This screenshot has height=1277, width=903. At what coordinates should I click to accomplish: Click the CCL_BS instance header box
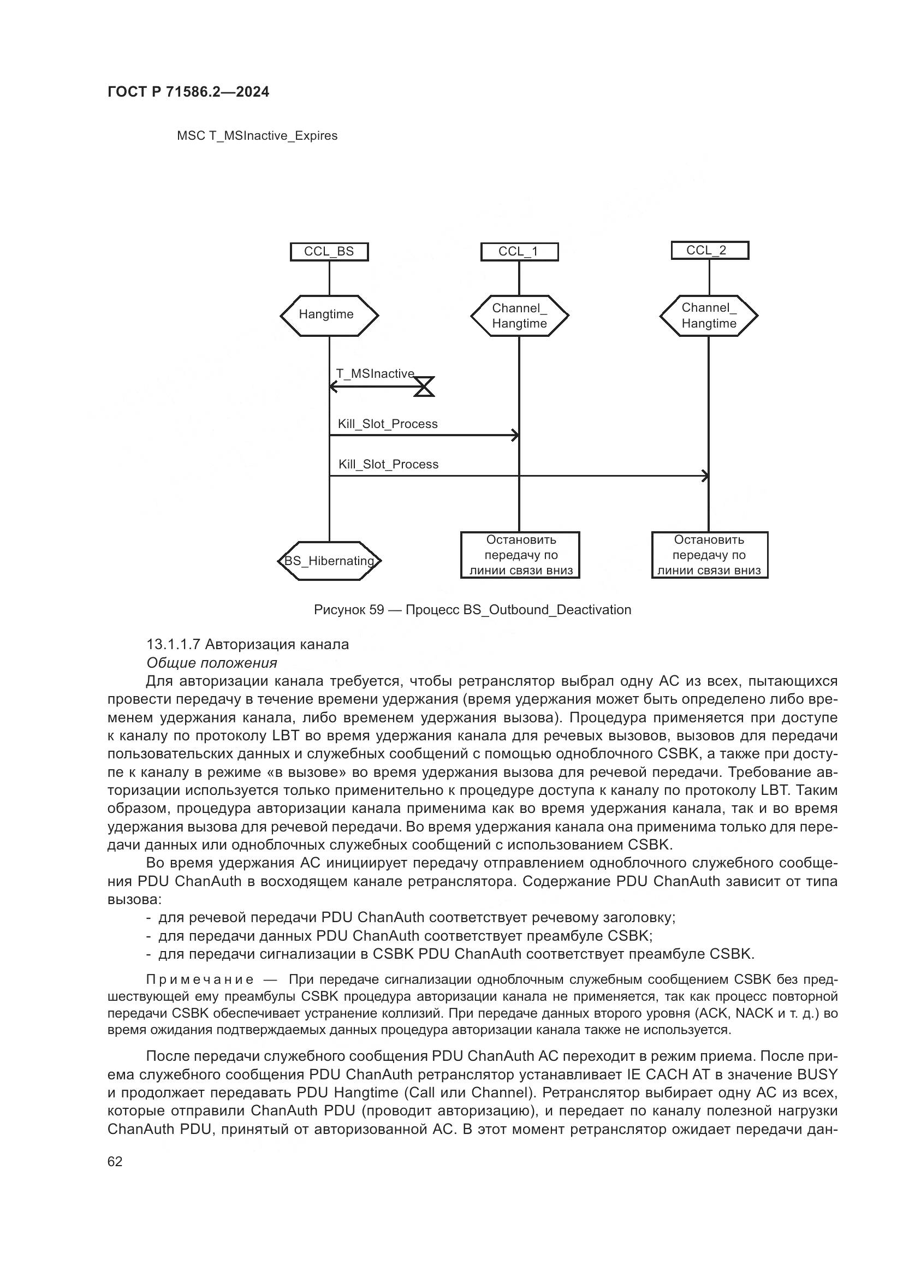[329, 251]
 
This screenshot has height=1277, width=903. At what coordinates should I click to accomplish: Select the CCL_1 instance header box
[519, 251]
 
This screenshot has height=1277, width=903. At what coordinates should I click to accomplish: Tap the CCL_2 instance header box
[710, 250]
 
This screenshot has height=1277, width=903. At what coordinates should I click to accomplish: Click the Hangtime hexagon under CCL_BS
[329, 316]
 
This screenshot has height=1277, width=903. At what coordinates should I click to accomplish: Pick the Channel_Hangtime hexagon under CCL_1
[519, 316]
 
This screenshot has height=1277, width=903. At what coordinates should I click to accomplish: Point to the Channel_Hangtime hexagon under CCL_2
[709, 316]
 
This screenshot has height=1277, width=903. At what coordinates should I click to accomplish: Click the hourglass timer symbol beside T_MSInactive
[424, 386]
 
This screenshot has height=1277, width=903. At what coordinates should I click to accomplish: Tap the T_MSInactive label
[375, 374]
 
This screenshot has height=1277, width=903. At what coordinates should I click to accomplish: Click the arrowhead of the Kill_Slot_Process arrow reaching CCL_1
[515, 435]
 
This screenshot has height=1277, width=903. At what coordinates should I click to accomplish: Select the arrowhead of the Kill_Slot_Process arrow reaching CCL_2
[705, 476]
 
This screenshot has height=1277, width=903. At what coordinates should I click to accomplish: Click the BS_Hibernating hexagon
[329, 561]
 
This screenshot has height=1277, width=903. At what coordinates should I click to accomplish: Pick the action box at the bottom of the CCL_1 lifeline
[520, 555]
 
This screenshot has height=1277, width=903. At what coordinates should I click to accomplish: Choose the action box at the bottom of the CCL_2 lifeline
[710, 555]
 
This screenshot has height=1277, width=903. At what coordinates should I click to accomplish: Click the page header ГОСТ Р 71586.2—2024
[188, 92]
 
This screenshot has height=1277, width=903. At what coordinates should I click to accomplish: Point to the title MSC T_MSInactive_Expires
[257, 136]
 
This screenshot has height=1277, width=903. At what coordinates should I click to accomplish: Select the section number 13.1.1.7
[173, 644]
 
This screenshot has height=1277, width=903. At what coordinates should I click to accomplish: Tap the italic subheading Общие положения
[211, 662]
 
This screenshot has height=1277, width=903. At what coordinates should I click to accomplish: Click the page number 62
[115, 1161]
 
